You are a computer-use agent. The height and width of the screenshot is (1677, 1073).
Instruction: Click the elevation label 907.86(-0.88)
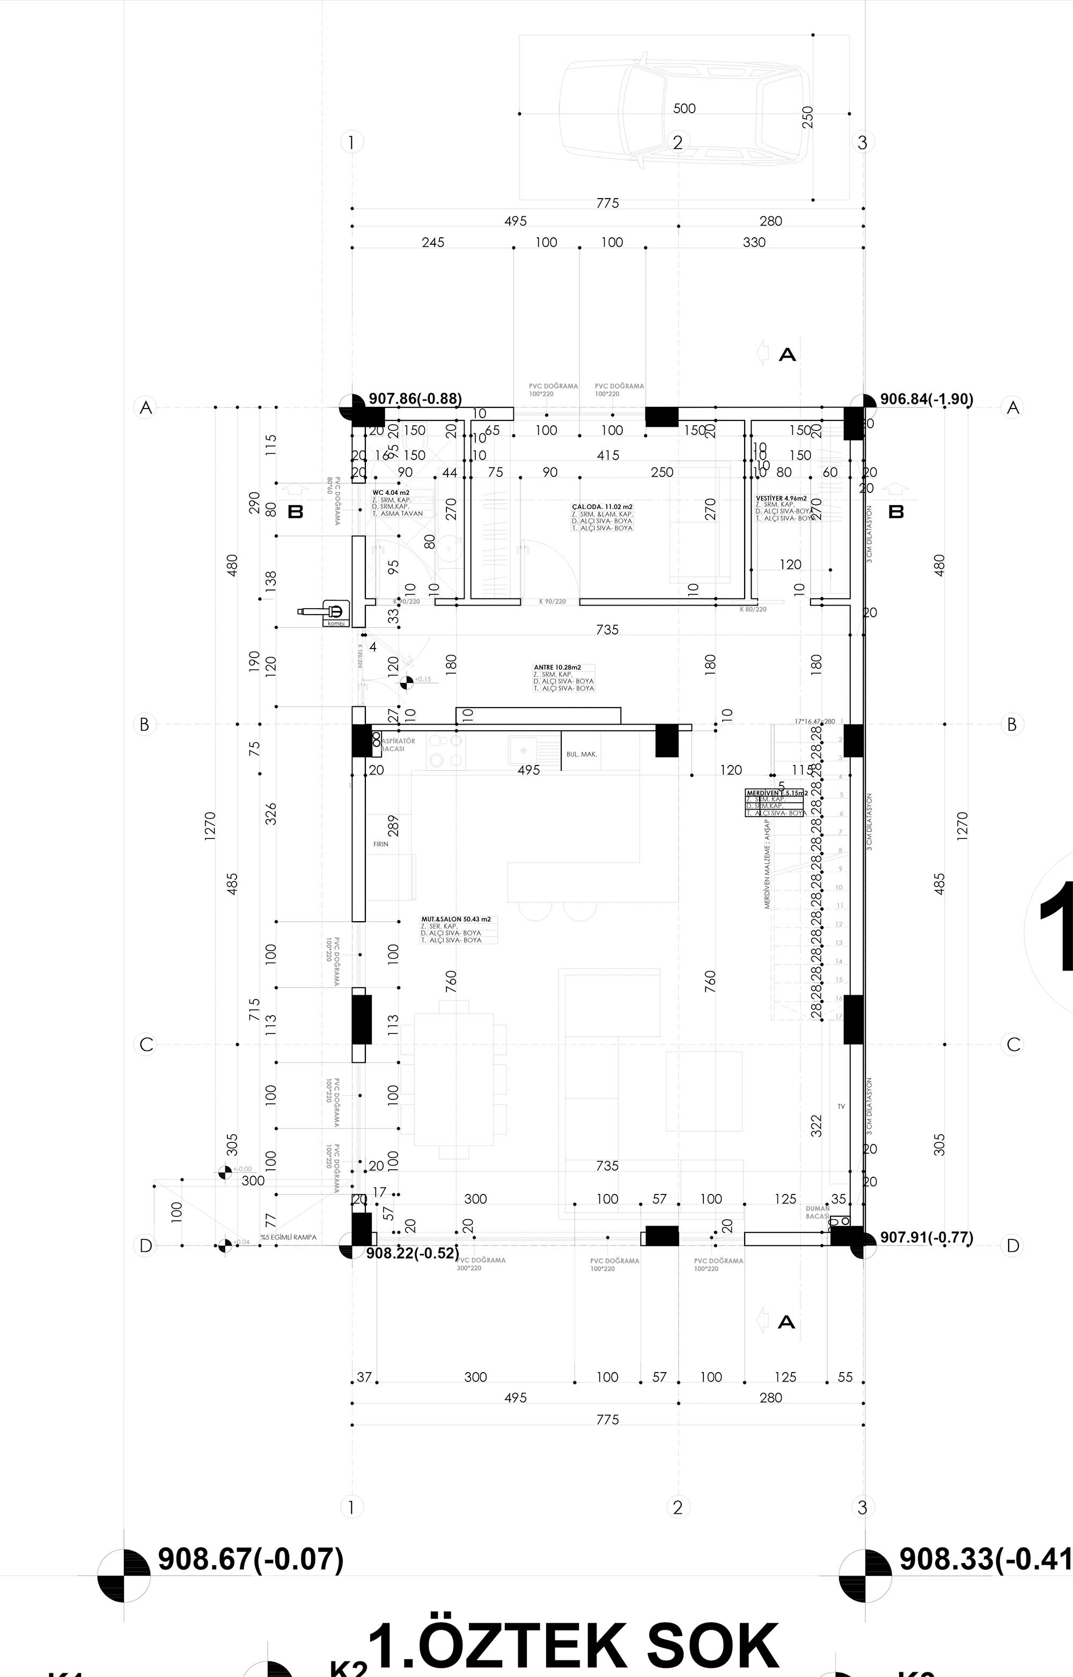coord(415,399)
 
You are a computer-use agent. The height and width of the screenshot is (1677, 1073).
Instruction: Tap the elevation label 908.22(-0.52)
coord(413,1252)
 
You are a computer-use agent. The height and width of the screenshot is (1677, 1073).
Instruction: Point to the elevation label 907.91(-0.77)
coord(926,1237)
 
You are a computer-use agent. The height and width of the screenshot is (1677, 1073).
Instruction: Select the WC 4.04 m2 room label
coord(391,493)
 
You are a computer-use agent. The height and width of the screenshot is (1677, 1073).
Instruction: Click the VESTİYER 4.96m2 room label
coord(781,498)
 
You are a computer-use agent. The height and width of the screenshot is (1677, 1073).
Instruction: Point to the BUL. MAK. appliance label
coord(582,754)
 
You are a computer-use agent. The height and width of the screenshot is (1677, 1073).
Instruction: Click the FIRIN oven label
coord(380,844)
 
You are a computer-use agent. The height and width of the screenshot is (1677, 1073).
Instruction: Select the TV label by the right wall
coord(841,1106)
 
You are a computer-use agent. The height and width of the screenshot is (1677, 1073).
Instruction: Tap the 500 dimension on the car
coord(684,108)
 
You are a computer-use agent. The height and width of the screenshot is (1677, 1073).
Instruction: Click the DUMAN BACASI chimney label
coord(817,1212)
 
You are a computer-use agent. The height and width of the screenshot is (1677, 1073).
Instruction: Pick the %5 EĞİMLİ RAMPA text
coord(289,1237)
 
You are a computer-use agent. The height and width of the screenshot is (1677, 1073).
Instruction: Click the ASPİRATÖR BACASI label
coord(399,745)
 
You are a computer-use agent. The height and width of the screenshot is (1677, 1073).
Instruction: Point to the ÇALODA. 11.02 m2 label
coord(602,507)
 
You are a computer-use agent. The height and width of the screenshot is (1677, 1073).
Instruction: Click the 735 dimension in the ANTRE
coord(607,629)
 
